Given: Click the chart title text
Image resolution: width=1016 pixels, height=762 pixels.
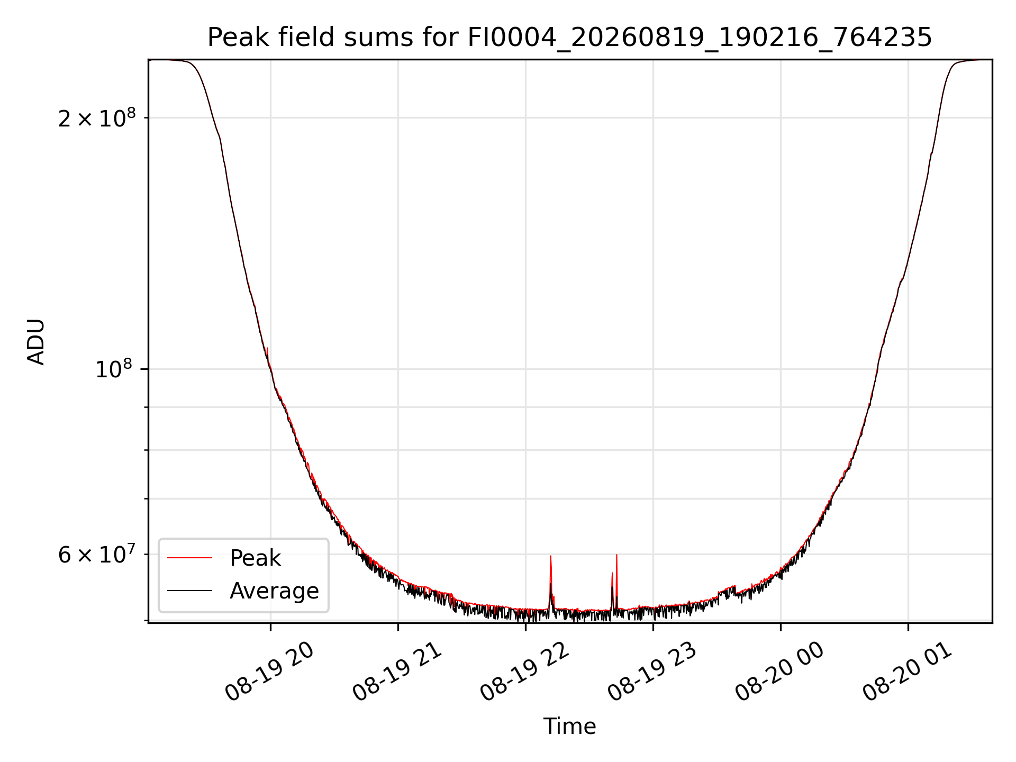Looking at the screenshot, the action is click(569, 38).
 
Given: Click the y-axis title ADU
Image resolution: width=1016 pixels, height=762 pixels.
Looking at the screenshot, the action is click(36, 341).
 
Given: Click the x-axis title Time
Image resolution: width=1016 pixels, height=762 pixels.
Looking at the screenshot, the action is click(569, 727).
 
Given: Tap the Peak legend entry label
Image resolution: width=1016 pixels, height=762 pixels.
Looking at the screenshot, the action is click(255, 558).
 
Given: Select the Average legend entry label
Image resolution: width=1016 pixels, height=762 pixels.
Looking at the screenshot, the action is click(274, 591).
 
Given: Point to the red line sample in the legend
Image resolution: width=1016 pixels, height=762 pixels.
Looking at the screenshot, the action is click(189, 558).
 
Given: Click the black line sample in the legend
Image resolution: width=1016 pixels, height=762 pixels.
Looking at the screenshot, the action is click(189, 591).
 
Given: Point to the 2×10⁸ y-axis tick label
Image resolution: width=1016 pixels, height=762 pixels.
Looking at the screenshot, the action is click(97, 118).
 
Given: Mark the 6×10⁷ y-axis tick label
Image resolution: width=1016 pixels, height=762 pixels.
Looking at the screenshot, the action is click(97, 555).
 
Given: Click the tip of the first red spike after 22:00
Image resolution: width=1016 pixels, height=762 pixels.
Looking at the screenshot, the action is click(551, 556).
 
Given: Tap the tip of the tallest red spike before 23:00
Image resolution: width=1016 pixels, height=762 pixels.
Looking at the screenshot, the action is click(616, 555).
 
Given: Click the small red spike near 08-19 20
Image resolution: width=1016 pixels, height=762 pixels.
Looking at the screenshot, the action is click(268, 348).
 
